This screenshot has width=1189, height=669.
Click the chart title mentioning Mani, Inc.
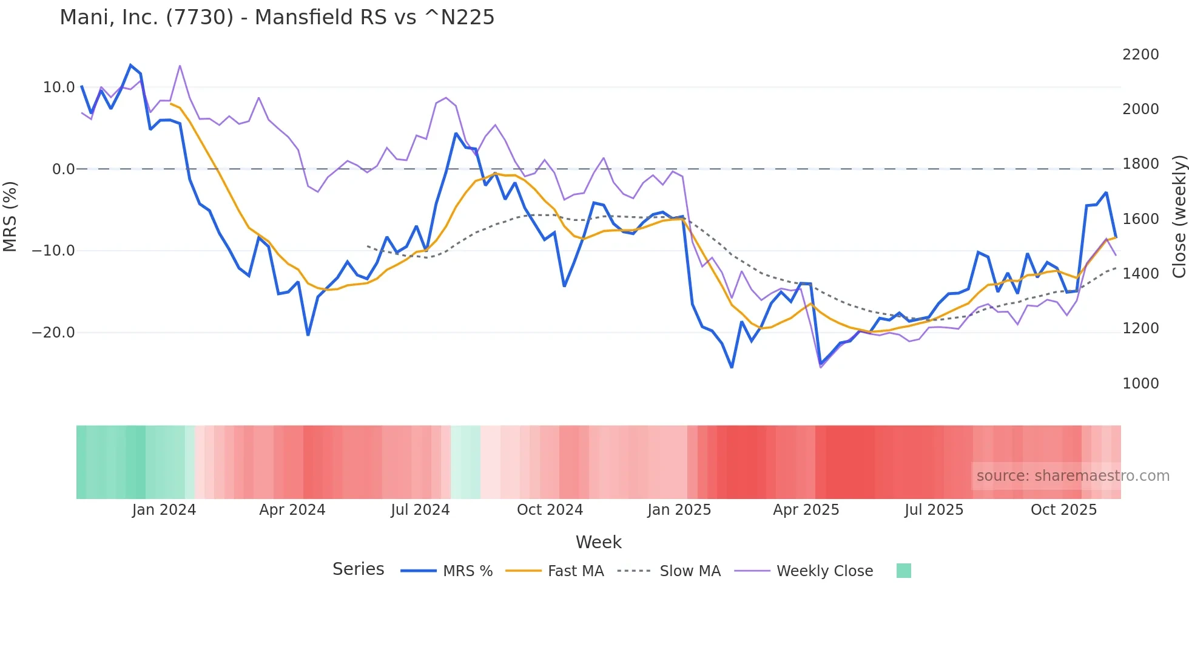point(277,18)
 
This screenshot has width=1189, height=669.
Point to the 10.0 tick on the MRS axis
point(59,87)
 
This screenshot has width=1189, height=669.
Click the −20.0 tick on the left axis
point(53,333)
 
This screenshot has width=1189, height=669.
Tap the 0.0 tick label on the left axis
point(64,169)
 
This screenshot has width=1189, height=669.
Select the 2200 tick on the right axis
point(1140,55)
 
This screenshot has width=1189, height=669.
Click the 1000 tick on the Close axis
point(1140,384)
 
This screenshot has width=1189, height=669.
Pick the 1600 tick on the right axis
point(1140,219)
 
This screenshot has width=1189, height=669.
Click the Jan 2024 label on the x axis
point(164,510)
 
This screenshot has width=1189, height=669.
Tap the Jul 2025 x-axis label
point(934,510)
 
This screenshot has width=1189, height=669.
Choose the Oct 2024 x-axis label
point(550,510)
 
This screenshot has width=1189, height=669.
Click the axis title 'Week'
point(598,542)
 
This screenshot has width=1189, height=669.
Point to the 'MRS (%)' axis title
point(10,216)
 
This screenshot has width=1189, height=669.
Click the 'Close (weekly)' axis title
point(1179,216)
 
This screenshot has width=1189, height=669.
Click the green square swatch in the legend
point(903,571)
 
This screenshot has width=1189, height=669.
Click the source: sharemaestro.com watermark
point(1073,476)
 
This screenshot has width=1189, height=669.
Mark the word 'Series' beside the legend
point(358,569)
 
